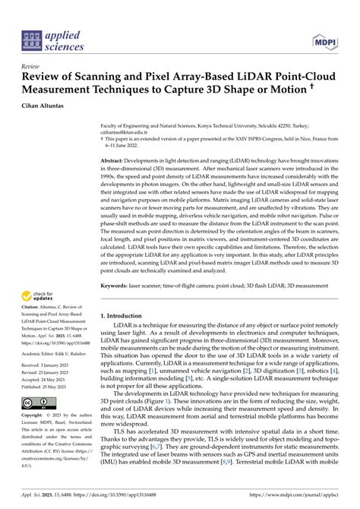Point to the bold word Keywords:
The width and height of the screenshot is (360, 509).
pyautogui.click(x=117, y=264)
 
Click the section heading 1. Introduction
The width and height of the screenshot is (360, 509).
pyautogui.click(x=125, y=294)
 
